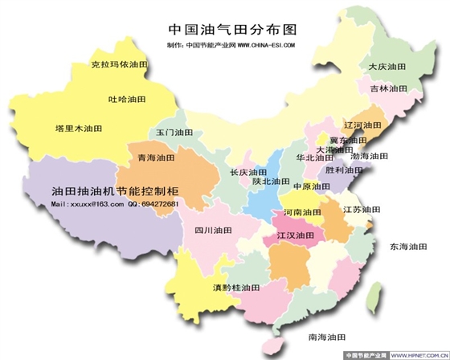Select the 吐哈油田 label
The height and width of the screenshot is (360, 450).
(128, 100)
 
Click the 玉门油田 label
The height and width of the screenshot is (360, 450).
(175, 132)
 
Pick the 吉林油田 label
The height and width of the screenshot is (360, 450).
(388, 88)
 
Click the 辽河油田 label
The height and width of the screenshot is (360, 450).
(362, 125)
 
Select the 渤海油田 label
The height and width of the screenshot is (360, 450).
(370, 156)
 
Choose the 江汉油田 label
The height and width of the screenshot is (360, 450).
(295, 236)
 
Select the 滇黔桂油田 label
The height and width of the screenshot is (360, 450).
(237, 287)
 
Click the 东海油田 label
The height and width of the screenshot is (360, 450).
(410, 247)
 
